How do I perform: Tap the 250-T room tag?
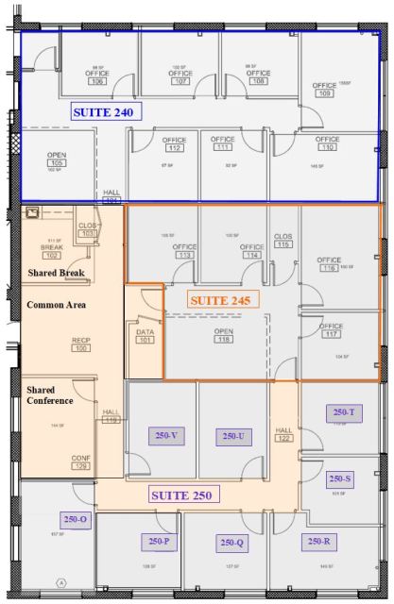344,412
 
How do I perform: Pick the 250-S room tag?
341,478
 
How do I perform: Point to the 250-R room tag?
317,541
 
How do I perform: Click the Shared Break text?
57,273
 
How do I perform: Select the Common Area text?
56,305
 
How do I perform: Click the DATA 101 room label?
145,336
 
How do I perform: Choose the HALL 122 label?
284,434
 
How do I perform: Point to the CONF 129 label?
81,461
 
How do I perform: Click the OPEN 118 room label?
224,335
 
